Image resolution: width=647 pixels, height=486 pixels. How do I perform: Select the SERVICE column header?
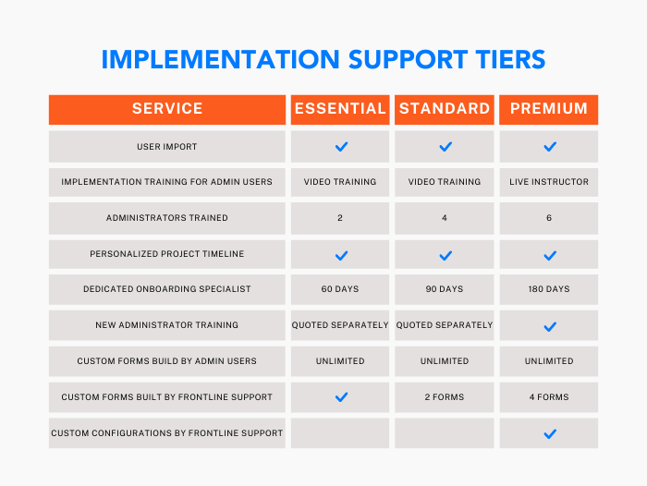tap(167, 108)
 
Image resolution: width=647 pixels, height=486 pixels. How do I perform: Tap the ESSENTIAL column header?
tap(340, 108)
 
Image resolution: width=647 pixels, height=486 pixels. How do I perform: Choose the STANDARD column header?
tap(445, 108)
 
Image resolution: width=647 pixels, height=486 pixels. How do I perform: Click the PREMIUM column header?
tap(549, 108)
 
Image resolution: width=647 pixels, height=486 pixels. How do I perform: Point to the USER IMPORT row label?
tap(167, 147)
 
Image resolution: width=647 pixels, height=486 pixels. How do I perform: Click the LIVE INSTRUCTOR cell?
tap(549, 182)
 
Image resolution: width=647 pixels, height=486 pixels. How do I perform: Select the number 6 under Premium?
tap(549, 218)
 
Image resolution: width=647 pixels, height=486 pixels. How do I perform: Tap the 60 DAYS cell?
tap(340, 289)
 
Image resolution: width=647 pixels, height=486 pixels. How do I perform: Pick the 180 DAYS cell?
tap(549, 289)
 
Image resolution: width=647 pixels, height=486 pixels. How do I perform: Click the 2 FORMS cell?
tap(445, 397)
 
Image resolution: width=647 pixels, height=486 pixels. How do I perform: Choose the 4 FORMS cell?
tap(549, 397)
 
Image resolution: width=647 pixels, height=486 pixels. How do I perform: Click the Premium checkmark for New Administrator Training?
tap(550, 327)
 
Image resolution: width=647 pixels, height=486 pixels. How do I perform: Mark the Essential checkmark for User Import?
tap(341, 147)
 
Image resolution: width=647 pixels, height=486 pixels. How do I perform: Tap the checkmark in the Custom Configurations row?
tap(550, 433)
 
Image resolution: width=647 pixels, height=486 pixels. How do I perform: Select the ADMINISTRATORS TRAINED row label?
tap(167, 218)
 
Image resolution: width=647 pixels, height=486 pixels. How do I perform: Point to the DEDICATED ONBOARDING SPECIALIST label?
tap(167, 289)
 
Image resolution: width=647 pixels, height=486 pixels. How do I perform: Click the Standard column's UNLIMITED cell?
tap(445, 361)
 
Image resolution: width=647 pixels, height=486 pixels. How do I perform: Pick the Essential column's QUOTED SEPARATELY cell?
tap(340, 325)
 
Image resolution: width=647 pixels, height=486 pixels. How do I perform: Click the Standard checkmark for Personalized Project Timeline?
tap(446, 256)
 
